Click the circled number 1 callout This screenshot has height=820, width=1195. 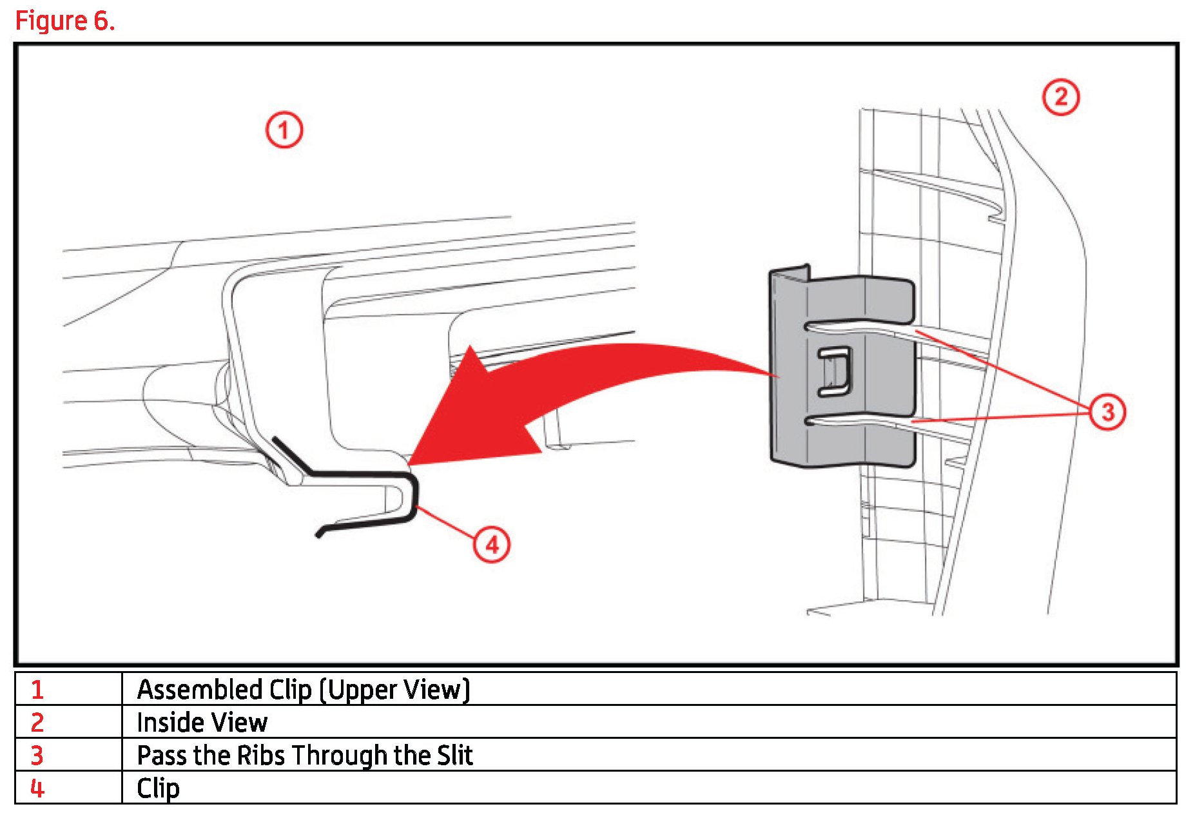point(284,130)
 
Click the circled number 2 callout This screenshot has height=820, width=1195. point(1060,97)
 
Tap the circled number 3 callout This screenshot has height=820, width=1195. point(1107,411)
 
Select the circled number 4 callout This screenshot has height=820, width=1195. point(492,545)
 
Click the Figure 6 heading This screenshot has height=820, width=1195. point(64,21)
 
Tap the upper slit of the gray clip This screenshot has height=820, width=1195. point(857,327)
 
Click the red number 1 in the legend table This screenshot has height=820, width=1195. point(37,690)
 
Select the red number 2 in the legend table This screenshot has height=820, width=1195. point(37,723)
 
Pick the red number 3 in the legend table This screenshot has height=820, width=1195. point(37,756)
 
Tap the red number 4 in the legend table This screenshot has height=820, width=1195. point(37,788)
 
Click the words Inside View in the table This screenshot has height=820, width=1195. point(202,723)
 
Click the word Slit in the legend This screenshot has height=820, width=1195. point(455,756)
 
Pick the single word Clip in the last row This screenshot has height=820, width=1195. point(158,788)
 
